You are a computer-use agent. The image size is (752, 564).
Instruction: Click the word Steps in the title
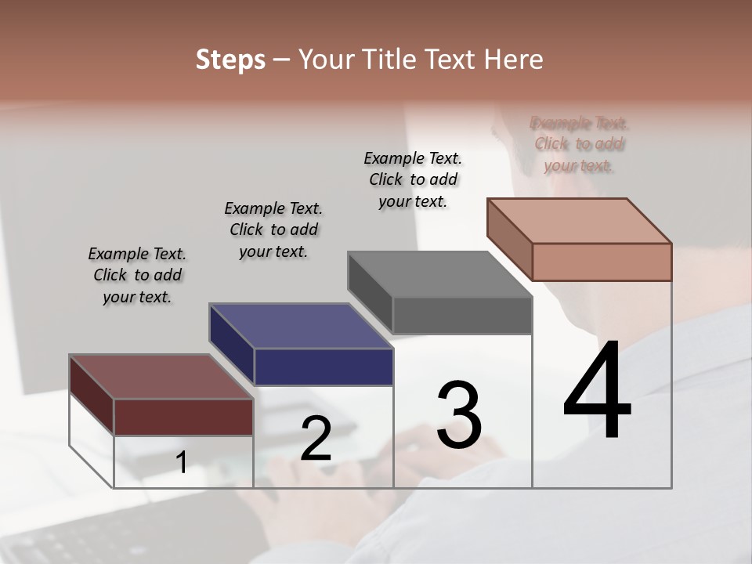(230, 60)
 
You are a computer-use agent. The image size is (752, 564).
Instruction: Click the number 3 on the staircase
(459, 415)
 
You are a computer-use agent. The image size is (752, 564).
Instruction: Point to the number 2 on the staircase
(316, 439)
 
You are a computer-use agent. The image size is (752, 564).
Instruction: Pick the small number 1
(181, 463)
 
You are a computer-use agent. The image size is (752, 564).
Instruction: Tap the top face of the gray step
(440, 274)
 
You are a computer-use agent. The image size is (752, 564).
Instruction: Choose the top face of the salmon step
(580, 221)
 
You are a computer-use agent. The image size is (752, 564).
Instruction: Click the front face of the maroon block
(184, 417)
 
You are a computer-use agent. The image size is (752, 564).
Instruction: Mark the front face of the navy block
(324, 367)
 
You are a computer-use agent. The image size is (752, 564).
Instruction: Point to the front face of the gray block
(462, 316)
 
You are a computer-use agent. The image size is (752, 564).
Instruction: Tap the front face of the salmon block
(602, 262)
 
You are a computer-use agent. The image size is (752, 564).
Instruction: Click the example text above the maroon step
(137, 275)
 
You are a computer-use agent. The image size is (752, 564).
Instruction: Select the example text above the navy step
(273, 230)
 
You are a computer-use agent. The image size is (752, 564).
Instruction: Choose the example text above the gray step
(413, 179)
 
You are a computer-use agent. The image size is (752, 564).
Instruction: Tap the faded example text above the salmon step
(580, 144)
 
